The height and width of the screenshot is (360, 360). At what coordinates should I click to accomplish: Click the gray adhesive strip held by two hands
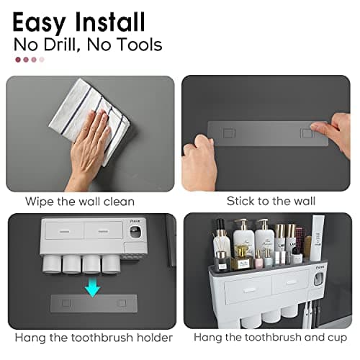(x=266, y=133)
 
